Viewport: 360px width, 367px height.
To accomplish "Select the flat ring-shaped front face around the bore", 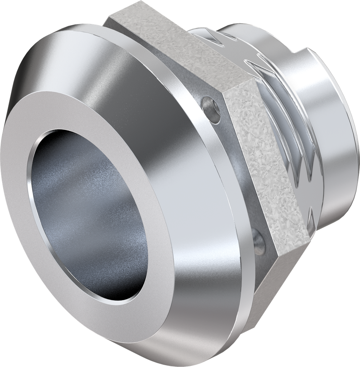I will coord(107,118).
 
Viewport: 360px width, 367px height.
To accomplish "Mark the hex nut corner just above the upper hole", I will coord(223,92).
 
